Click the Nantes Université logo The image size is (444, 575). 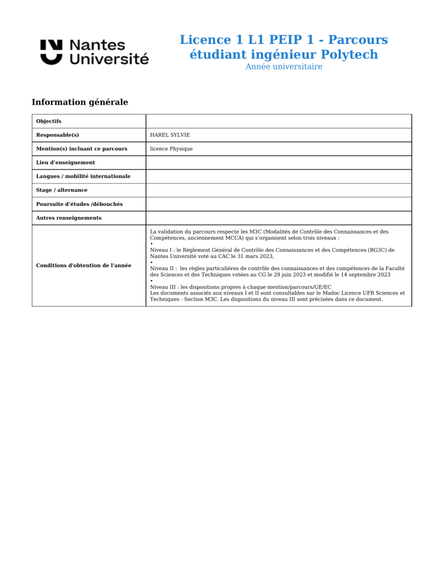(x=94, y=52)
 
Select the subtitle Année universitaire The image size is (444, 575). (x=284, y=67)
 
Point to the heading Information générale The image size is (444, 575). (x=80, y=102)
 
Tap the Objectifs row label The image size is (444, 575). (x=49, y=121)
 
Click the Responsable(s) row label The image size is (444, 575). (x=57, y=135)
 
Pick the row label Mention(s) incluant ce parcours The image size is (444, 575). (x=82, y=149)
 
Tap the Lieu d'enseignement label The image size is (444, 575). (x=65, y=163)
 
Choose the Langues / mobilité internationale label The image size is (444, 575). (x=83, y=176)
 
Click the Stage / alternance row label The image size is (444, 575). (x=62, y=190)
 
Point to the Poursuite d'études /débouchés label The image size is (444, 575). (x=79, y=204)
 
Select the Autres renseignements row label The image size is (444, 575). (x=68, y=218)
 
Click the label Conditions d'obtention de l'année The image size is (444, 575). (x=83, y=266)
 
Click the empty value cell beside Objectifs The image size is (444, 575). (x=278, y=121)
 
